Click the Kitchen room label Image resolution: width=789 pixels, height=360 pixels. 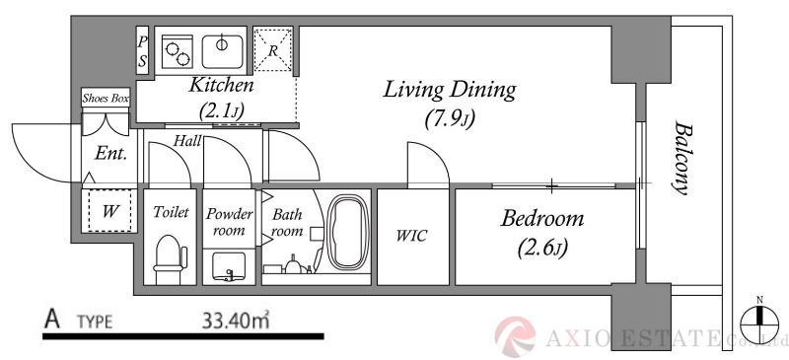(221, 85)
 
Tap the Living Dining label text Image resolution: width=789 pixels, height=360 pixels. (450, 90)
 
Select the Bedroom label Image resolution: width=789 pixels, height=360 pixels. (542, 219)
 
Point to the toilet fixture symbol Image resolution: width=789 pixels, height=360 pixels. (169, 258)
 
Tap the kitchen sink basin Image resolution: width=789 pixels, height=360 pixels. (223, 51)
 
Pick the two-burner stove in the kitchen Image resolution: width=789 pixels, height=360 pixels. (178, 51)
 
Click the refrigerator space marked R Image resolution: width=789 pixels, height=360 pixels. (273, 50)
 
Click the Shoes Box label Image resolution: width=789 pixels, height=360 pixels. (106, 99)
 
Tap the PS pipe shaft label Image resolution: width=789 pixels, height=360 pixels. (143, 51)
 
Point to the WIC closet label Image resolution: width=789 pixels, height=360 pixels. (411, 236)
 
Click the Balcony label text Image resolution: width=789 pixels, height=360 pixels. (681, 157)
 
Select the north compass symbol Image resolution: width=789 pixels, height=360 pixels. (759, 319)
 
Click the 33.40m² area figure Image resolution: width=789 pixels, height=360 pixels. (236, 320)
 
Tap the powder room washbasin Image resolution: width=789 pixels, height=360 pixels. (229, 266)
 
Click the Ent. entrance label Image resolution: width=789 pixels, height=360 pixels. (110, 154)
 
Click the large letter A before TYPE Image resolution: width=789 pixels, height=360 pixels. (52, 320)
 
